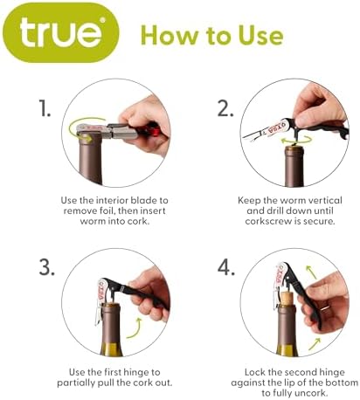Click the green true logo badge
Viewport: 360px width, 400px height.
coord(61,32)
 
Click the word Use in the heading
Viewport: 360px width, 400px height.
coord(261,35)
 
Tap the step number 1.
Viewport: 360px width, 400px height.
coord(45,108)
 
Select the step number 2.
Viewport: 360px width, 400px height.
coord(225,108)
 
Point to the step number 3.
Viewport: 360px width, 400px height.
coord(46,267)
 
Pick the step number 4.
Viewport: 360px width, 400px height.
coord(226,267)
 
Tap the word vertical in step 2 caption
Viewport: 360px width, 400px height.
coord(325,200)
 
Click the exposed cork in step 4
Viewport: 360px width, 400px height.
coord(287,298)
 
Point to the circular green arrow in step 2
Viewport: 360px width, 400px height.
coord(296,140)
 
